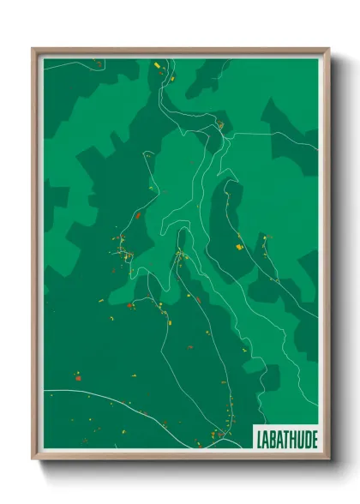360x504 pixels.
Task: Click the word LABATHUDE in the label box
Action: click(286, 439)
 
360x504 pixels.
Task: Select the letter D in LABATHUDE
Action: click(304, 439)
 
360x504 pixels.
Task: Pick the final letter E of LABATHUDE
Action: click(313, 439)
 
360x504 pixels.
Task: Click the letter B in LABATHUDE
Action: click(273, 439)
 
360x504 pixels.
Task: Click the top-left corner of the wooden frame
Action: click(33, 49)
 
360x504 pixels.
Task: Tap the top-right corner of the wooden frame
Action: click(328, 49)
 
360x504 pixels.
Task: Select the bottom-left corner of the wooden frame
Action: click(33, 459)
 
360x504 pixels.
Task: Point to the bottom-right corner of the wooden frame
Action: click(328, 459)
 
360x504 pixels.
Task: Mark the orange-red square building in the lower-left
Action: click(77, 377)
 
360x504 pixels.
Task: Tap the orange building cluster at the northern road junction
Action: click(220, 125)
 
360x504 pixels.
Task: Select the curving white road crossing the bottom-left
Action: click(103, 396)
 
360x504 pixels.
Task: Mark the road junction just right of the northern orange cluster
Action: click(227, 134)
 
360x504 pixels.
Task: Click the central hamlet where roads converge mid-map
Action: click(180, 255)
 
